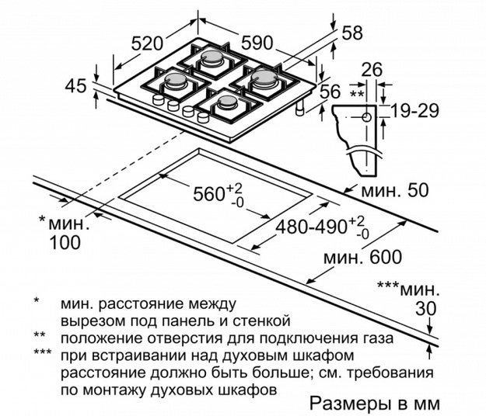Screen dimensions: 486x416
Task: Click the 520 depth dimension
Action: coord(147,43)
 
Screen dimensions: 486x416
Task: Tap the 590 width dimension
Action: coord(257,43)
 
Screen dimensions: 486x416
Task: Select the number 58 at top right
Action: coord(352,33)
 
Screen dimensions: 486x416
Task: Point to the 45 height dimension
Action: coord(75,85)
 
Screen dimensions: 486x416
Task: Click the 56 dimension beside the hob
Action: coord(330,92)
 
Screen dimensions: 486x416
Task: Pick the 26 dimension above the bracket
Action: coord(372,70)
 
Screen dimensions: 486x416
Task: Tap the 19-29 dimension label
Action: coord(414,111)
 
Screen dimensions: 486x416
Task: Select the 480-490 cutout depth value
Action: coord(311,227)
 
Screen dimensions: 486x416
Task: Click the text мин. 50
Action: coord(395,190)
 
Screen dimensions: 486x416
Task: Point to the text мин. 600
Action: coord(362,257)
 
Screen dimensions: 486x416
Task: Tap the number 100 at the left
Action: coord(65,242)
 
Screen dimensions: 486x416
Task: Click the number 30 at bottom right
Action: coord(426,308)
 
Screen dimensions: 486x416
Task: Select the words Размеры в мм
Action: coord(375,404)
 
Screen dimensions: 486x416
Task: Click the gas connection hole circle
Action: coord(367,117)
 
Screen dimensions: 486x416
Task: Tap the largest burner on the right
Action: coord(264,78)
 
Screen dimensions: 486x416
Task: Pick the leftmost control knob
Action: coord(158,99)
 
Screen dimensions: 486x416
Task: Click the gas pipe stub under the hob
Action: coord(300,108)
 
